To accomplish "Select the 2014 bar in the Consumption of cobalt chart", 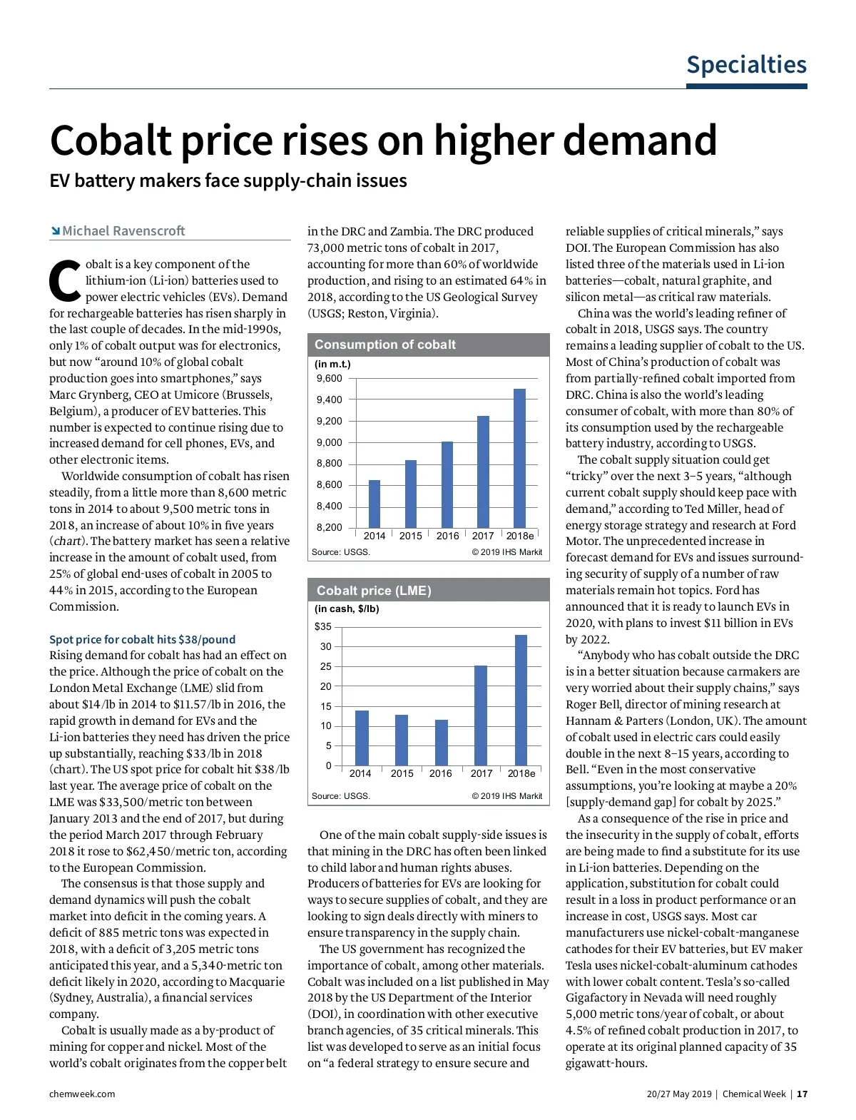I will coord(374,504).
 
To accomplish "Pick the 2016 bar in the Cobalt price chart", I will coord(442,743).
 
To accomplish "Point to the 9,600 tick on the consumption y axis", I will coord(329,379).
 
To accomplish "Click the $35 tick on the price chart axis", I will coord(323,627).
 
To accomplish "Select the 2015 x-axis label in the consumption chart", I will coord(410,536).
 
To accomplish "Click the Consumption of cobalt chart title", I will coord(385,345).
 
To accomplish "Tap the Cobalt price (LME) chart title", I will coord(374,591).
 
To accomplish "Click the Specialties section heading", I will coord(746,65).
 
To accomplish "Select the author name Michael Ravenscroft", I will coord(123,231).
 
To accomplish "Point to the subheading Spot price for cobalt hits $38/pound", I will coord(142,640).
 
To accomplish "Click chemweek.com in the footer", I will coord(82,1094).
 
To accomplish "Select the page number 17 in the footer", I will coord(802,1094).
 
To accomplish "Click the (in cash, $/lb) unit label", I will coord(347,609).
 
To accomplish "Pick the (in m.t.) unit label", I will coord(332,364).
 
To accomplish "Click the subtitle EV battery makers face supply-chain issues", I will coord(228,181).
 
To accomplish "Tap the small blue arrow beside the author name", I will coord(55,231).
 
